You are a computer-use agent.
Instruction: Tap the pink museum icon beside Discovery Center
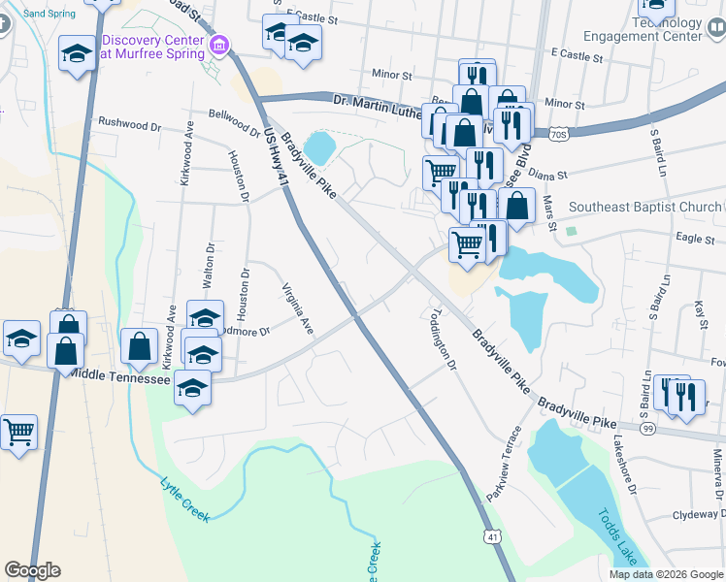[220, 45]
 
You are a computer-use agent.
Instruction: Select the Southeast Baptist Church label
[644, 207]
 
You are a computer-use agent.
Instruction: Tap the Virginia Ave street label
[297, 309]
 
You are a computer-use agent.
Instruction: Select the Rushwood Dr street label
[129, 124]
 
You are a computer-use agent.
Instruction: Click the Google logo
[32, 570]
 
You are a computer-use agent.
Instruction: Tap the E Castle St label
[311, 17]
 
